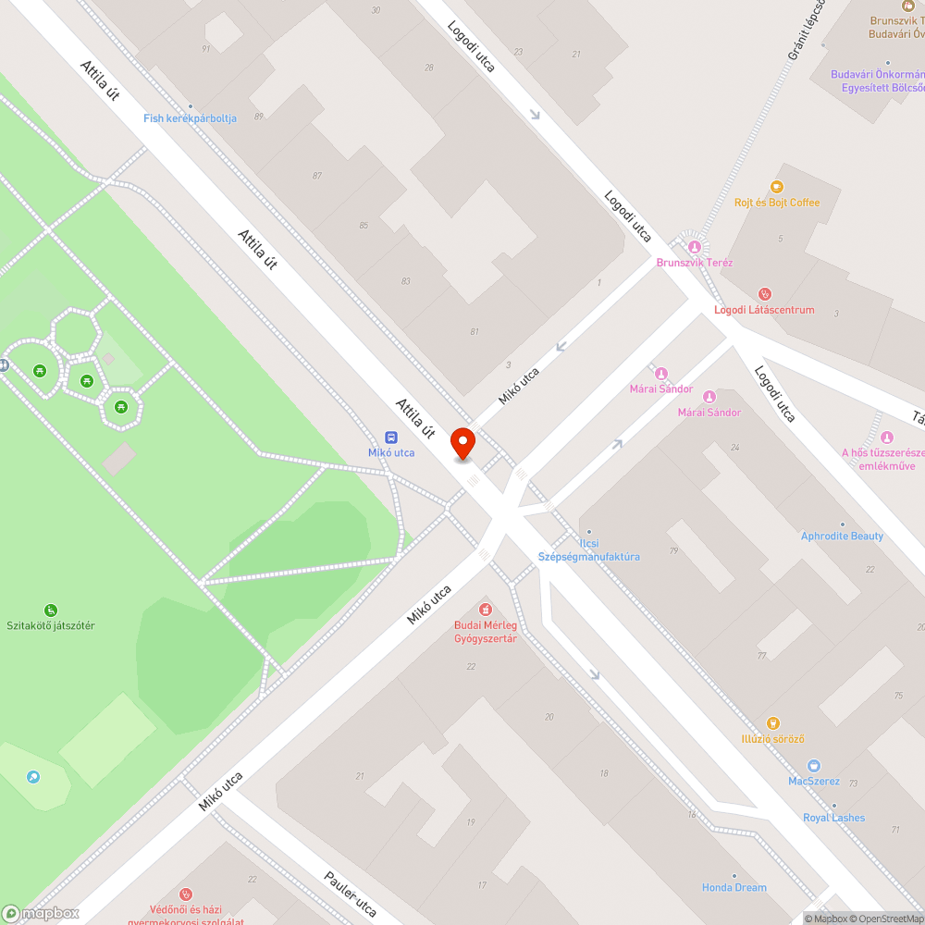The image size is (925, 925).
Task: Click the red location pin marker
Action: click(x=462, y=443)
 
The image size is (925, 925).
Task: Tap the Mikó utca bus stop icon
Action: click(x=391, y=438)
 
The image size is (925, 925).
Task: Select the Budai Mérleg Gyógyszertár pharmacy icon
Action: click(x=485, y=609)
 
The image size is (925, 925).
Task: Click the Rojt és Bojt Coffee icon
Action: click(x=776, y=187)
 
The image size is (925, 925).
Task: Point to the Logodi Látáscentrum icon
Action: click(x=763, y=294)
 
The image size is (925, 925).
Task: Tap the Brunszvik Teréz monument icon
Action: click(x=694, y=246)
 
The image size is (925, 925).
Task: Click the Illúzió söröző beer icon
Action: click(x=773, y=722)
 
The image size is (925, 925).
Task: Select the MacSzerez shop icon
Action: click(x=813, y=765)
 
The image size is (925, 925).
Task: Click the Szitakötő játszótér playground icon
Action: click(x=50, y=610)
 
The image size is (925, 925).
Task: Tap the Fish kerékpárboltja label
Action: click(x=190, y=118)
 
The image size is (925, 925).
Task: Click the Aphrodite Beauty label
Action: click(x=842, y=536)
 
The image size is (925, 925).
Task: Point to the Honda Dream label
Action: click(x=734, y=887)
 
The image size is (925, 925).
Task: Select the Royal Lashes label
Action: click(x=833, y=818)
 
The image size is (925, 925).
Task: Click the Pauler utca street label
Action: click(x=351, y=894)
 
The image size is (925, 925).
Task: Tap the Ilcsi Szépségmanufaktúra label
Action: click(x=589, y=550)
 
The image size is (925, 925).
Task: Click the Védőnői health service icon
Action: click(x=186, y=894)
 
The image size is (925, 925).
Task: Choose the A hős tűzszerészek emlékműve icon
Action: click(x=887, y=438)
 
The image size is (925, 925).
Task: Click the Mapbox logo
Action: click(x=41, y=912)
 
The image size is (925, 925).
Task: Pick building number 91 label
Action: click(x=206, y=49)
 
